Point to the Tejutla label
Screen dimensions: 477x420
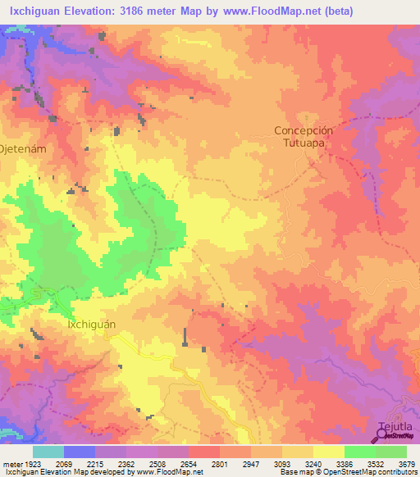click(x=395, y=427)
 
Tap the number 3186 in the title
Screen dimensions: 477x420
click(x=151, y=11)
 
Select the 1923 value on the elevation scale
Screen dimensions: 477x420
click(x=28, y=463)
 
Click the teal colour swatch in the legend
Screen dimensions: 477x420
click(x=48, y=452)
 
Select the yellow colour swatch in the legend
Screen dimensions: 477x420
click(x=328, y=452)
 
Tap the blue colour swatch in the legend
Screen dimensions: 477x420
click(x=79, y=452)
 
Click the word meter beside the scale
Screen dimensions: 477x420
click(x=11, y=463)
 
